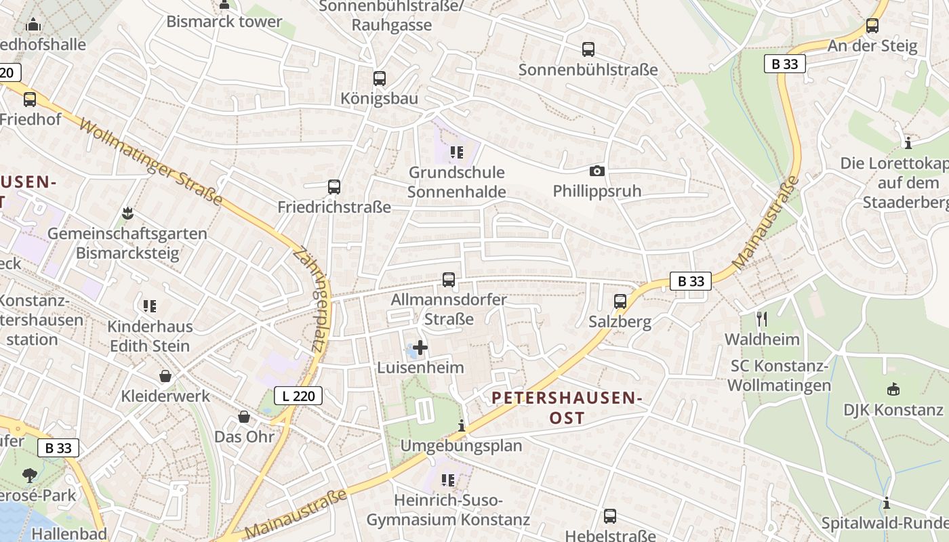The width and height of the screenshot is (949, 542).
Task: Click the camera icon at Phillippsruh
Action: pyautogui.click(x=597, y=171)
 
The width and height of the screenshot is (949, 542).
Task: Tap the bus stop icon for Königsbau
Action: pyautogui.click(x=380, y=79)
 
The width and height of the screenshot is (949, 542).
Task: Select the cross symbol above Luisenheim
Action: pyautogui.click(x=420, y=348)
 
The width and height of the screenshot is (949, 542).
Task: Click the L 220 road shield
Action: pyautogui.click(x=298, y=396)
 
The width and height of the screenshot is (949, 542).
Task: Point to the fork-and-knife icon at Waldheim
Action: pyautogui.click(x=762, y=318)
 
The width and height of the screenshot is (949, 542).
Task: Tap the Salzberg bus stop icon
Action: pyautogui.click(x=620, y=301)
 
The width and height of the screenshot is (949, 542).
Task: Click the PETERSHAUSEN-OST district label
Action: pyautogui.click(x=567, y=408)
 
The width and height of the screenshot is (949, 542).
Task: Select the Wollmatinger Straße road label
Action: pyautogui.click(x=150, y=161)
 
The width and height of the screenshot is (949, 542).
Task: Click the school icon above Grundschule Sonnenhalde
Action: pyautogui.click(x=456, y=152)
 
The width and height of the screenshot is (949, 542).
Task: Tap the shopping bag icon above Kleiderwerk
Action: pyautogui.click(x=165, y=375)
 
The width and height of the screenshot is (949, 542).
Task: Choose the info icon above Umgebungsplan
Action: pyautogui.click(x=462, y=425)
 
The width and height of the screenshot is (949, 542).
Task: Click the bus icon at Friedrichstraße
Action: pyautogui.click(x=334, y=187)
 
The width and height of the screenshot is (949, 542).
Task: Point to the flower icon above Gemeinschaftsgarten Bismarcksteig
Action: pyautogui.click(x=127, y=214)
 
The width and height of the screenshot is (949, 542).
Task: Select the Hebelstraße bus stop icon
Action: pyautogui.click(x=610, y=516)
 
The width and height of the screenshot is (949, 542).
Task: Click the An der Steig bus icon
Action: pyautogui.click(x=872, y=26)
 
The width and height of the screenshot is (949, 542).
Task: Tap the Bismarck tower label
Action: pyautogui.click(x=224, y=22)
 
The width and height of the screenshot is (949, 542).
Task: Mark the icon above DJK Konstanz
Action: pyautogui.click(x=893, y=390)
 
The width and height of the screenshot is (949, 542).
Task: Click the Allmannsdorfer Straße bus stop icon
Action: pyautogui.click(x=448, y=279)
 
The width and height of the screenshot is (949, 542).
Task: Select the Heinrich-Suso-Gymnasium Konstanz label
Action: pyautogui.click(x=447, y=510)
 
